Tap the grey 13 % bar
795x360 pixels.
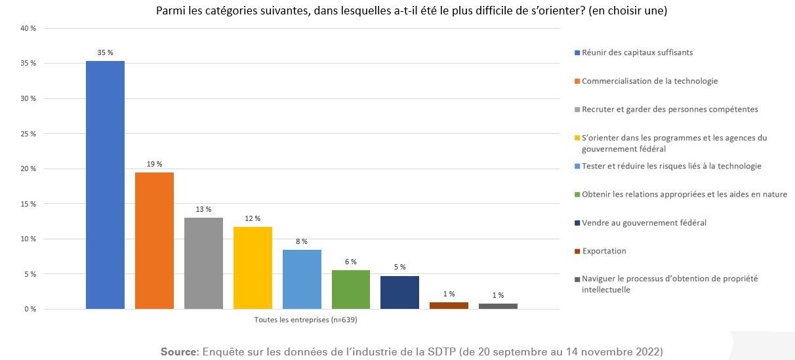coord(203,263)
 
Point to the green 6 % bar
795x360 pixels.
coord(351,289)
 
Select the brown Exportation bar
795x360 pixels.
coord(449,306)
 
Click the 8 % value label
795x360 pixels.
coord(302,241)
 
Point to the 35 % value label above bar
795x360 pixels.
coord(105,52)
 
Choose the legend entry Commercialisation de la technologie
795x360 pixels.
coord(649,81)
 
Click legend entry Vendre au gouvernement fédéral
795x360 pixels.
coord(644,223)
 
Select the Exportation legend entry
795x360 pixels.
coord(604,251)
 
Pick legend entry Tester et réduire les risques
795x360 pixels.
coord(671,167)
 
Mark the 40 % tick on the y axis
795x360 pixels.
coord(28,29)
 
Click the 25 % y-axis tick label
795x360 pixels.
coord(28,134)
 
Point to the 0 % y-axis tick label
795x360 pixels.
coord(30,309)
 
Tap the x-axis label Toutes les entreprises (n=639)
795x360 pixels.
coord(305,320)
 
